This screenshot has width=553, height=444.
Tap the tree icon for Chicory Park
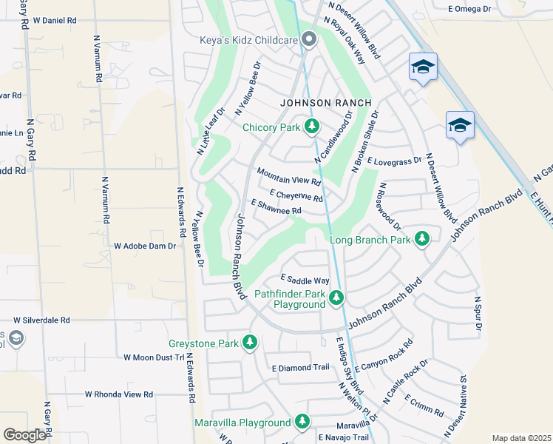(x=312, y=127)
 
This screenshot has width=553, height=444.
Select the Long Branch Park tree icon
(x=422, y=239)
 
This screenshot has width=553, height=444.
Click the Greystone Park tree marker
(x=251, y=343)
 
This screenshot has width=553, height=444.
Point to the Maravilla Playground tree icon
(x=302, y=422)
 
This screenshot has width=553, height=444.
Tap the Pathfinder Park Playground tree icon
(x=336, y=298)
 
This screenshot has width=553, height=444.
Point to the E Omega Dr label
(x=469, y=9)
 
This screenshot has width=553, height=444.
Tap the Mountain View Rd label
(x=288, y=176)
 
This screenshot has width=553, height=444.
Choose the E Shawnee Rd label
(x=276, y=206)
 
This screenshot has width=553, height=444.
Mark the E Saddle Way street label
(x=305, y=280)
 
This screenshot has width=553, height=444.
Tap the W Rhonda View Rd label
(x=118, y=394)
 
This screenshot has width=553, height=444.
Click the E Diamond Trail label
(x=299, y=368)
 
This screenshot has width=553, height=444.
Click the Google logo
(x=24, y=435)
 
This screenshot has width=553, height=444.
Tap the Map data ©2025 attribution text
(x=521, y=438)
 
